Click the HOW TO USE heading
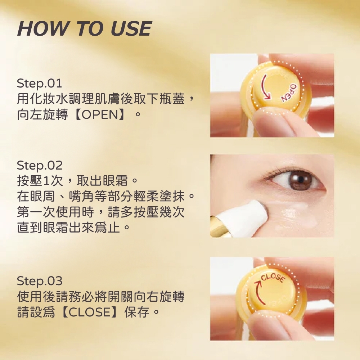pyautogui.click(x=84, y=29)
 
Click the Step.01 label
pyautogui.click(x=40, y=84)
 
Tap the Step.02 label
pyautogui.click(x=40, y=165)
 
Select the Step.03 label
pyautogui.click(x=40, y=280)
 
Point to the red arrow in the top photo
pyautogui.click(x=265, y=86)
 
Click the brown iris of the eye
pyautogui.click(x=300, y=180)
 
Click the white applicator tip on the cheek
pyautogui.click(x=252, y=216)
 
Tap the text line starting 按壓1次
pyautogui.click(x=77, y=179)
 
